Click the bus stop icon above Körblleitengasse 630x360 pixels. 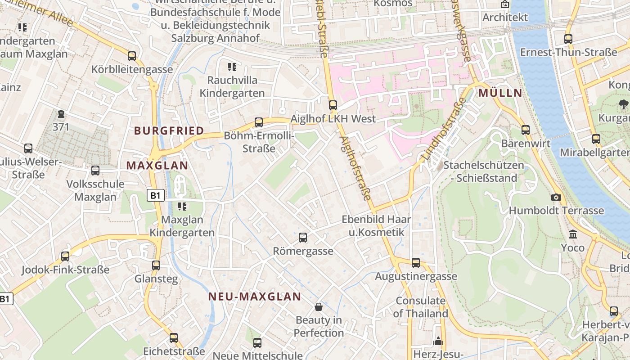pyautogui.click(x=132, y=56)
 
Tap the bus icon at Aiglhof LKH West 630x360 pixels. pyautogui.click(x=333, y=105)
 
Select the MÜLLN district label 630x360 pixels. pyautogui.click(x=500, y=93)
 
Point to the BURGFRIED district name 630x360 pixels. pyautogui.click(x=169, y=131)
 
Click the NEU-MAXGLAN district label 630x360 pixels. pyautogui.click(x=255, y=297)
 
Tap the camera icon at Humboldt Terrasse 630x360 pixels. pyautogui.click(x=556, y=197)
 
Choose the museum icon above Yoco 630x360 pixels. pyautogui.click(x=573, y=234)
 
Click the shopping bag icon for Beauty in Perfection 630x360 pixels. pyautogui.click(x=319, y=307)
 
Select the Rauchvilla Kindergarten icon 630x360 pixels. pyautogui.click(x=232, y=67)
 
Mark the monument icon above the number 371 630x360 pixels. pyautogui.click(x=61, y=114)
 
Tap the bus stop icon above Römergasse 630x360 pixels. pyautogui.click(x=303, y=237)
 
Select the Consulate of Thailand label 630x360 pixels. pyautogui.click(x=421, y=307)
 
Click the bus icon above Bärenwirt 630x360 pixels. pyautogui.click(x=526, y=130)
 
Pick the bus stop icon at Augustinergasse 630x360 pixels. pyautogui.click(x=416, y=262)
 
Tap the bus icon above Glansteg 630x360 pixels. pyautogui.click(x=156, y=265)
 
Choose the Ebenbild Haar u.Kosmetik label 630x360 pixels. pyautogui.click(x=376, y=226)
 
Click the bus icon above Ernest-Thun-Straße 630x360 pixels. pyautogui.click(x=568, y=39)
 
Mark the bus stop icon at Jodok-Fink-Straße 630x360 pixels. pyautogui.click(x=65, y=256)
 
